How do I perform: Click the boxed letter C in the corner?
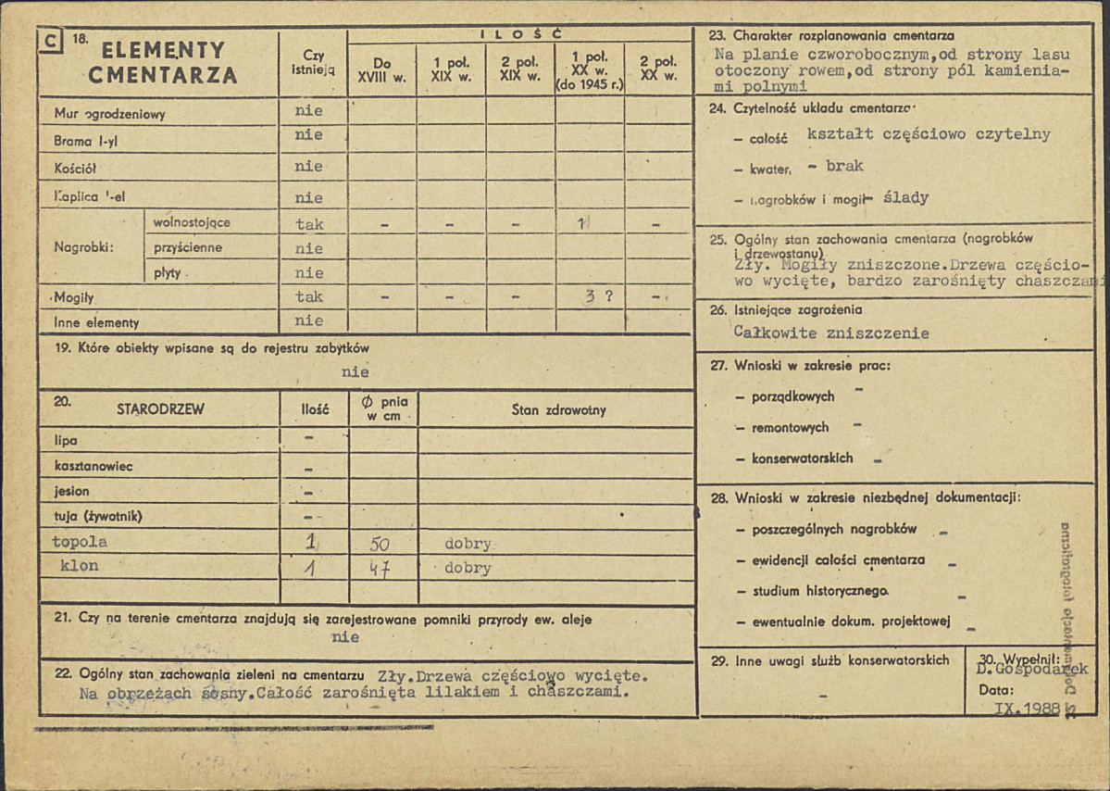[x=52, y=40]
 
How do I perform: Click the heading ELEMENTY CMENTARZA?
[x=163, y=63]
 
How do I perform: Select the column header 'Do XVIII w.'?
[x=381, y=70]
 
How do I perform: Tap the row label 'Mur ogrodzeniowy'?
[x=109, y=115]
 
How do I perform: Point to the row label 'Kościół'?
[x=75, y=168]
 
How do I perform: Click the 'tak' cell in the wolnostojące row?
[x=309, y=223]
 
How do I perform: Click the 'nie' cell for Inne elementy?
[x=309, y=320]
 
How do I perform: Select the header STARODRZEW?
[x=160, y=408]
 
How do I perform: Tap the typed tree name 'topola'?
[x=80, y=542]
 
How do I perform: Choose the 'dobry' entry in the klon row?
[x=468, y=568]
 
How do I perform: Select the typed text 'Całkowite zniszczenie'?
[x=830, y=333]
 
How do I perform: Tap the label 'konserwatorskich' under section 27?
[x=802, y=458]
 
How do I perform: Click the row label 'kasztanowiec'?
[x=87, y=466]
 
